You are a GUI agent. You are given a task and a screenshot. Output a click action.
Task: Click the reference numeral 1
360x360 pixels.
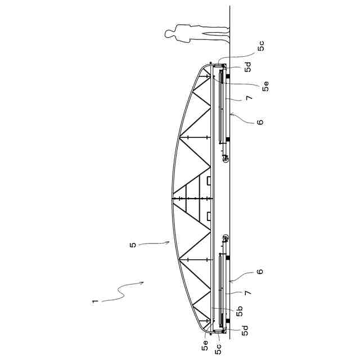point(95,301)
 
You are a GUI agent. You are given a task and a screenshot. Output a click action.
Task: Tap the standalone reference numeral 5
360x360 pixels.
point(133,245)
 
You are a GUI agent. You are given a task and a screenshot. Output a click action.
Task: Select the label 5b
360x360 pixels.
point(240,311)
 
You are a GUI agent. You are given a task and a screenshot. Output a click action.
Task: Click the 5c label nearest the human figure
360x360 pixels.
point(261,46)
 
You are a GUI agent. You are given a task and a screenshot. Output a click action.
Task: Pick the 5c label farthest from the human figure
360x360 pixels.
point(218,349)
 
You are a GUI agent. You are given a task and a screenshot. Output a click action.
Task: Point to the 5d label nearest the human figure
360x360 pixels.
point(248,67)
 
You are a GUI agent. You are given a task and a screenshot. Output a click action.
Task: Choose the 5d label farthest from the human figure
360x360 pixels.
point(245,331)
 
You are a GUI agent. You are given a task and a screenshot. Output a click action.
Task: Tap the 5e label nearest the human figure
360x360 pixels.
point(265,86)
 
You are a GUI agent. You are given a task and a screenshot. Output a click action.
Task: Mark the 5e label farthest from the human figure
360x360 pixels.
point(205,345)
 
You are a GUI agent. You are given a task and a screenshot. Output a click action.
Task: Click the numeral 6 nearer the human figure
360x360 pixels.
point(260,121)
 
